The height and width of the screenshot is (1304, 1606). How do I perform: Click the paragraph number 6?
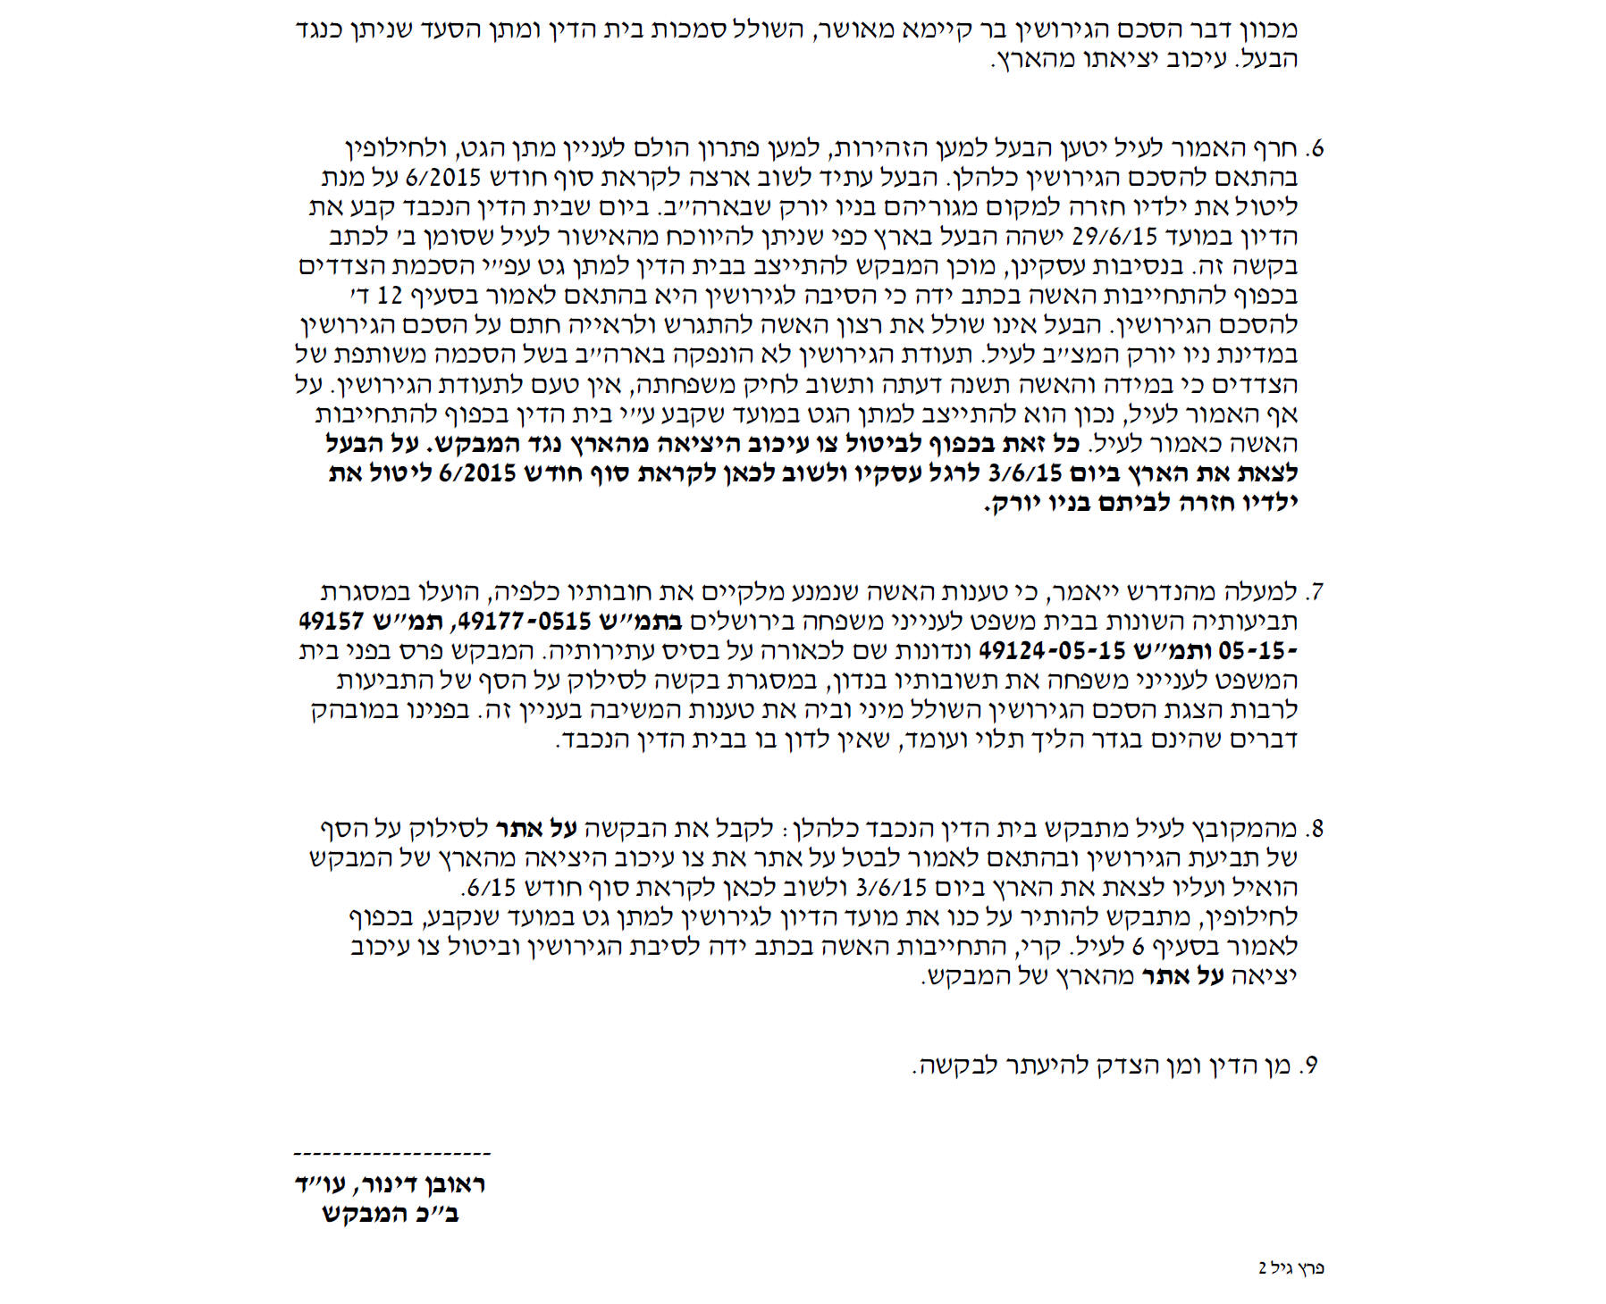pyautogui.click(x=1313, y=148)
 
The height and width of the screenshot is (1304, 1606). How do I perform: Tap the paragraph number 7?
pyautogui.click(x=1313, y=592)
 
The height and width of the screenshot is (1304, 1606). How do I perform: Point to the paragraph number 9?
pyautogui.click(x=1310, y=1066)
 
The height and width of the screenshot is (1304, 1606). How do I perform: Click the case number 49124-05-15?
pyautogui.click(x=1040, y=651)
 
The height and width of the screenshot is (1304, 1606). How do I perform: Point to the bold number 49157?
pyautogui.click(x=332, y=622)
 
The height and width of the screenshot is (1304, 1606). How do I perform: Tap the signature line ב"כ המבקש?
pyautogui.click(x=391, y=1215)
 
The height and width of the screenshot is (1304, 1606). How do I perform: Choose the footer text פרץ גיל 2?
pyautogui.click(x=1291, y=1268)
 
